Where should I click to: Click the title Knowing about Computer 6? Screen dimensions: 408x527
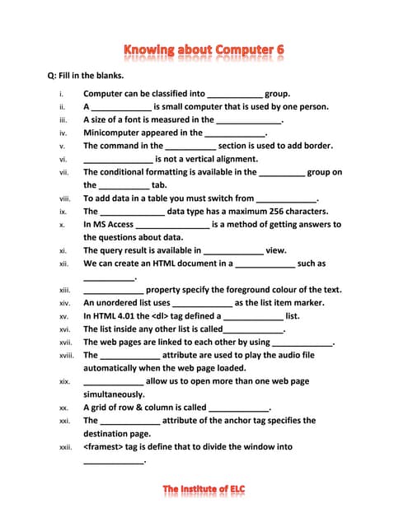coord(204,50)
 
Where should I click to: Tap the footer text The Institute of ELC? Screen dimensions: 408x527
coord(204,490)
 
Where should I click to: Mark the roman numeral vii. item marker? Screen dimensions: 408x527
coord(63,172)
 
